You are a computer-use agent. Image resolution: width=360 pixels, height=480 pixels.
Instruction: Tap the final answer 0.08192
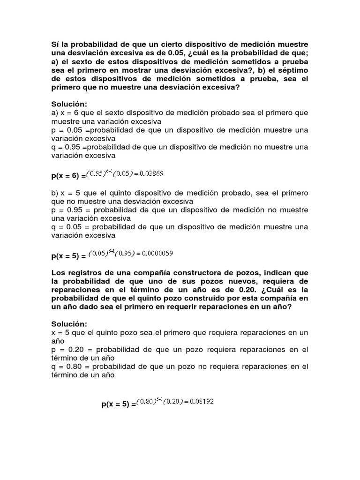click(202, 402)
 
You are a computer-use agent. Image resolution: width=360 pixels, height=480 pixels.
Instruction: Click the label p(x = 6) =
click(68, 176)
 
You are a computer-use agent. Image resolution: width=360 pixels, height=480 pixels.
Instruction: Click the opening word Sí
click(56, 44)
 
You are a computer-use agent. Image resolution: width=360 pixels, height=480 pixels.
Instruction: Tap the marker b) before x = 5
click(55, 193)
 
